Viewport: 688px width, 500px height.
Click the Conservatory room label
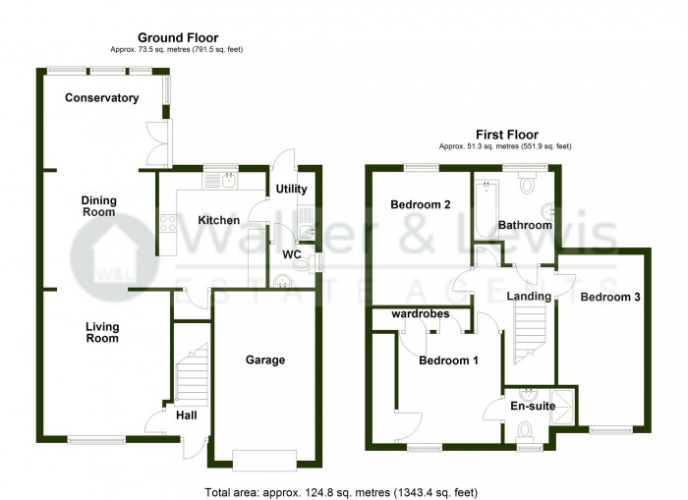pyautogui.click(x=102, y=98)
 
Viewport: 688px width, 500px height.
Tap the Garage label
pyautogui.click(x=265, y=361)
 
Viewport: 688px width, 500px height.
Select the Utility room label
pyautogui.click(x=291, y=189)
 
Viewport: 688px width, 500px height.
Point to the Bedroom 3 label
pyautogui.click(x=610, y=297)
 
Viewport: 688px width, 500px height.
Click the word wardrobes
pyautogui.click(x=421, y=314)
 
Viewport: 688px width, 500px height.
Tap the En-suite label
pyautogui.click(x=533, y=406)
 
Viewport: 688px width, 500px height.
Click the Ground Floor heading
pyautogui.click(x=178, y=37)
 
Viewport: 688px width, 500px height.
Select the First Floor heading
pyautogui.click(x=507, y=135)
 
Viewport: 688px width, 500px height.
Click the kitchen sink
pyautogui.click(x=229, y=181)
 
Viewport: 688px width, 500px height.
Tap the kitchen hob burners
pyautogui.click(x=168, y=223)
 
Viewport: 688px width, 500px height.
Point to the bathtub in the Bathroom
pyautogui.click(x=487, y=209)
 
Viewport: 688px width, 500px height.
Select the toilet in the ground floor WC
pyautogui.click(x=305, y=263)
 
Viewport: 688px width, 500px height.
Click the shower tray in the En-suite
pyautogui.click(x=561, y=407)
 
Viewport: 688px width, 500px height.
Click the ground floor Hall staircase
pyautogui.click(x=192, y=374)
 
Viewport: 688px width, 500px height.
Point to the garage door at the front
pyautogui.click(x=264, y=460)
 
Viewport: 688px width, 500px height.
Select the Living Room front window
pyautogui.click(x=96, y=439)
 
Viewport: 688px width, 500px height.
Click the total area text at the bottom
pyautogui.click(x=341, y=492)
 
